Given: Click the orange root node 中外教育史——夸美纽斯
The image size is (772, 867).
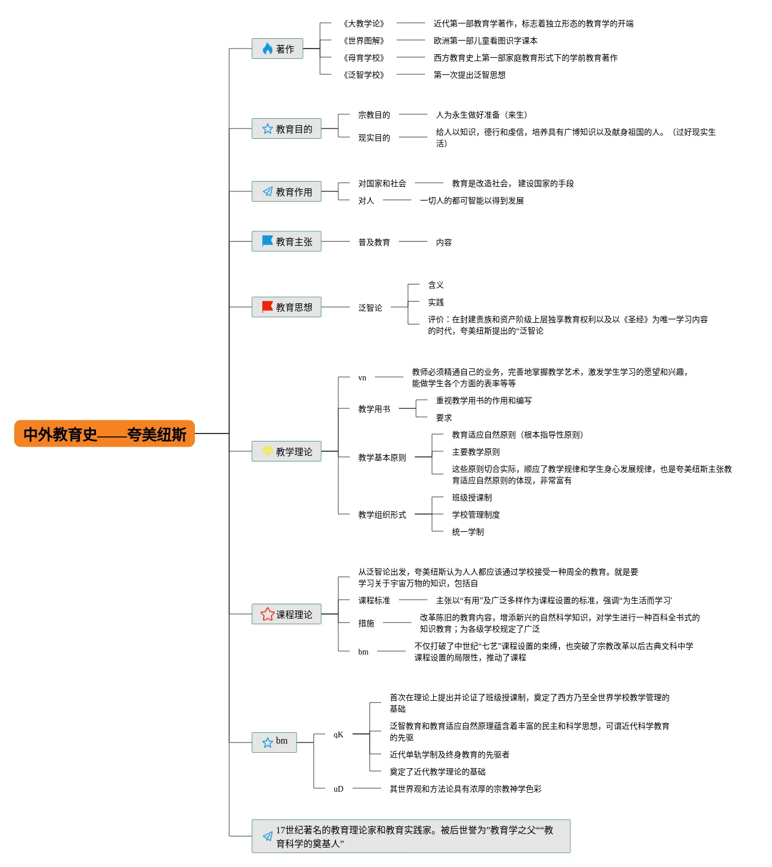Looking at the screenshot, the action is [105, 434].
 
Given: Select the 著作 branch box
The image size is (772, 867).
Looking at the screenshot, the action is [277, 49].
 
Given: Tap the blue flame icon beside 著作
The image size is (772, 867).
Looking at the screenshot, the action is [267, 49].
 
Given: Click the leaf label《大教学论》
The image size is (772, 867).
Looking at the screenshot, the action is [364, 23].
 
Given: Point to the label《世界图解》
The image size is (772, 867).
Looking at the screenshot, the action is [364, 41].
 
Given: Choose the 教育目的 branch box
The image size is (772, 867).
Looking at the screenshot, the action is [286, 129].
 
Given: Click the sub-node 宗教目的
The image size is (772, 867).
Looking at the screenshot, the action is [374, 115].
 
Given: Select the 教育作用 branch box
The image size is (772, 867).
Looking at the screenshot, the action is [286, 192].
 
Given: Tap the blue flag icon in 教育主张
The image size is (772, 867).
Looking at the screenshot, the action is [267, 242].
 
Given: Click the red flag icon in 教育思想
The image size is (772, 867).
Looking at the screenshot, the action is [267, 307].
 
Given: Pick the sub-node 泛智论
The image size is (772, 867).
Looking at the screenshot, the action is [370, 308].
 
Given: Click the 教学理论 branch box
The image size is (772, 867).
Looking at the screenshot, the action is [286, 452].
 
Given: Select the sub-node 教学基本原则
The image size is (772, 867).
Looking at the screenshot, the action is [382, 457].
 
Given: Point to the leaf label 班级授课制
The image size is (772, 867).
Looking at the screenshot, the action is [471, 497].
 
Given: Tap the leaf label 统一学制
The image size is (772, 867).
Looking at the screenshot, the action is [467, 532].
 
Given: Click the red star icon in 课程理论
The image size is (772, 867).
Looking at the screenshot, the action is [267, 615].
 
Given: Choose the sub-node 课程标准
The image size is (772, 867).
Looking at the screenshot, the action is [374, 600].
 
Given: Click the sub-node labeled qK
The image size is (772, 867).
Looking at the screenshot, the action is [338, 734].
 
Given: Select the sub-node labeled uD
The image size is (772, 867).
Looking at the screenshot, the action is [338, 789].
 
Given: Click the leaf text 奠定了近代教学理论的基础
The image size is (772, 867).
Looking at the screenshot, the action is [437, 772].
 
